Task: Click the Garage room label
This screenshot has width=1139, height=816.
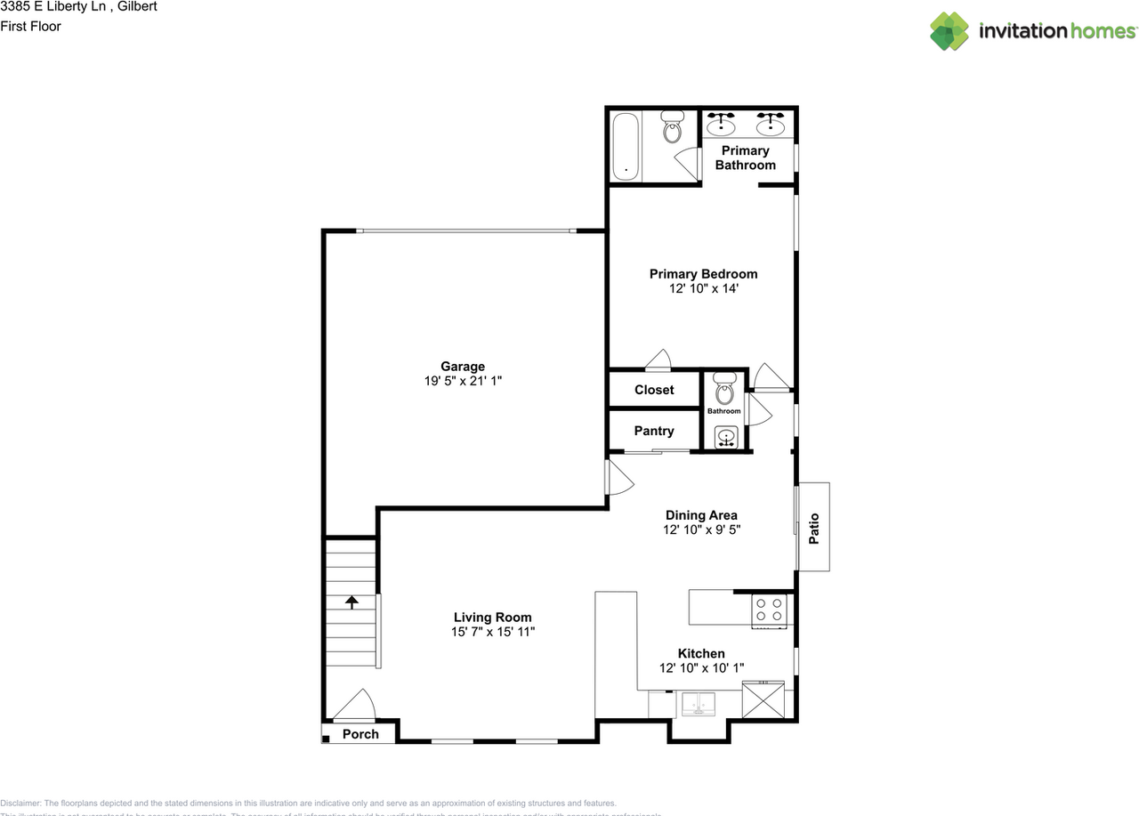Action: (x=463, y=367)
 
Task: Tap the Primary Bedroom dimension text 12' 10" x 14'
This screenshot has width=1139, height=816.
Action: (x=703, y=288)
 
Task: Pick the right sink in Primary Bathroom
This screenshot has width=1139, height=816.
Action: (x=771, y=125)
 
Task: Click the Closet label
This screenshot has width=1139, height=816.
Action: (x=654, y=390)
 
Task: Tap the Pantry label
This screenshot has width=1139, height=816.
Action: (x=654, y=431)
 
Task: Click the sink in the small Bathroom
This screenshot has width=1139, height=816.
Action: (x=726, y=437)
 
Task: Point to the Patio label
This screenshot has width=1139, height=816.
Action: (x=813, y=528)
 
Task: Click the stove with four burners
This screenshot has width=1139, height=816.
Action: (x=770, y=610)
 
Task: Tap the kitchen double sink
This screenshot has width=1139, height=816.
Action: (x=699, y=703)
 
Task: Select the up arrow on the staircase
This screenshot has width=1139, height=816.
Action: (x=351, y=602)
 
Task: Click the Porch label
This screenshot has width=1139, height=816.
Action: (x=360, y=734)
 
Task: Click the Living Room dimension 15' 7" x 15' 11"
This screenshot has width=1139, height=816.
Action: (x=493, y=632)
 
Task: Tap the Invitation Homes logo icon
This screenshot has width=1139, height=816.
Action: (x=949, y=31)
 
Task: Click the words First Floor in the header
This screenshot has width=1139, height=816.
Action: (x=31, y=26)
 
